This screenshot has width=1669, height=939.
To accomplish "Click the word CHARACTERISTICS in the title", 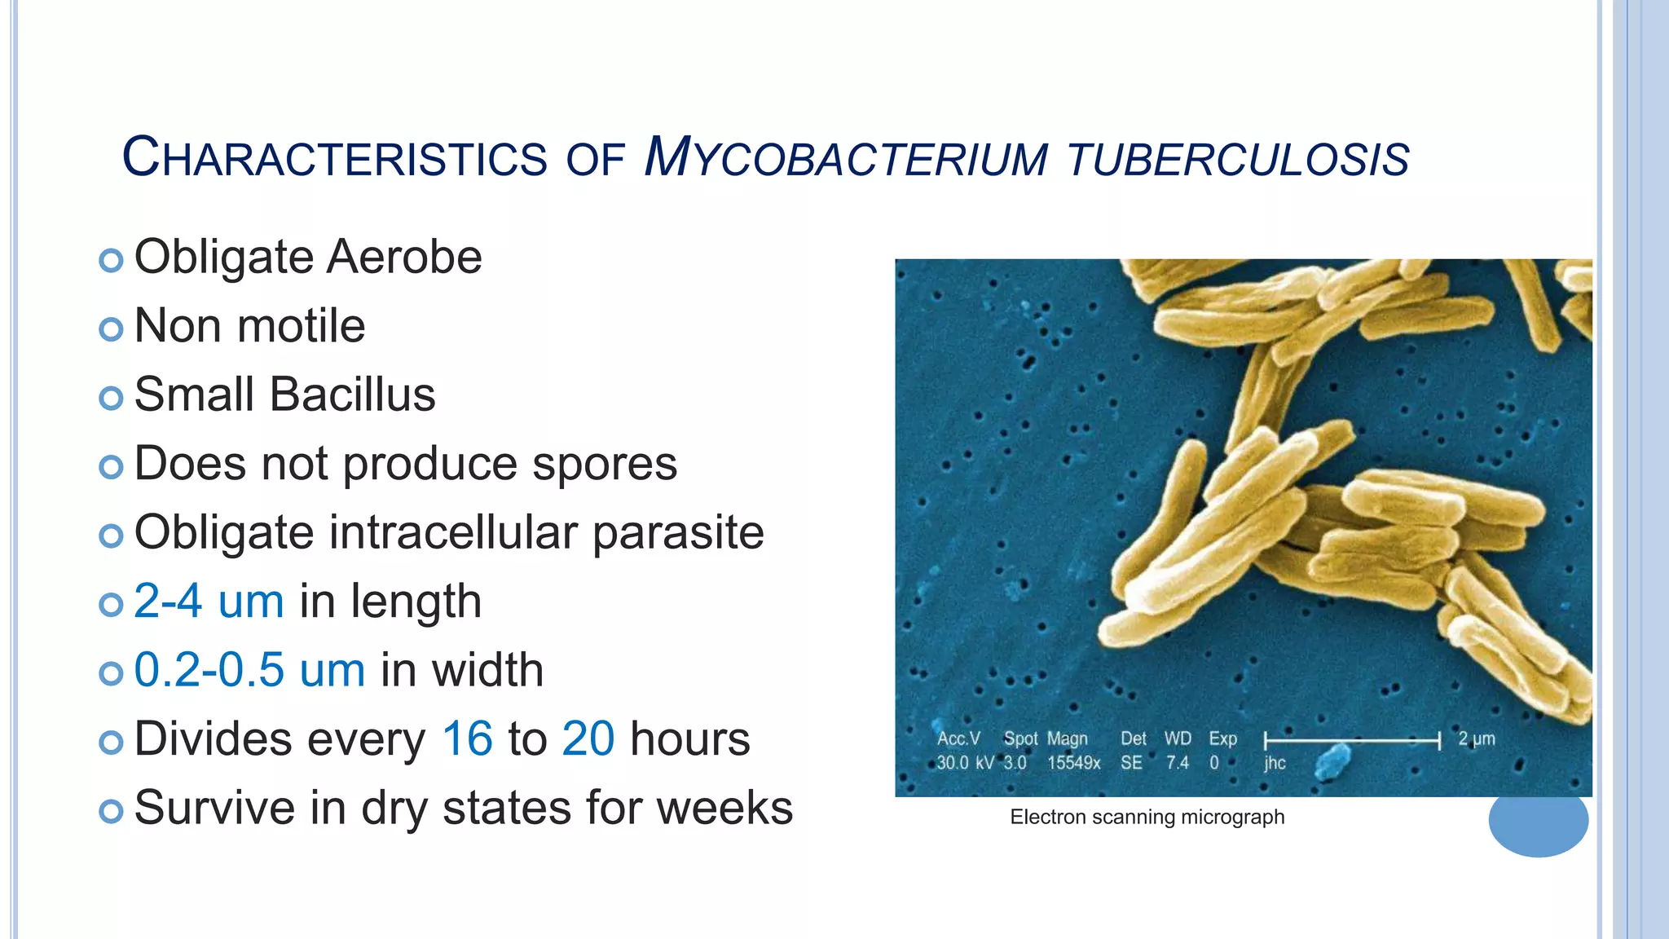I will click(334, 157).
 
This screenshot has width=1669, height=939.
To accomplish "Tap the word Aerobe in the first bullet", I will click(404, 258).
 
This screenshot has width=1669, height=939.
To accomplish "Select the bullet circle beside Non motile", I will click(111, 329).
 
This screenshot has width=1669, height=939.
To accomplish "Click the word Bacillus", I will click(352, 395).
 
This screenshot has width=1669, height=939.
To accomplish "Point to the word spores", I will click(604, 464).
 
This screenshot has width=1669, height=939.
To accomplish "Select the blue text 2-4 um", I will click(209, 602).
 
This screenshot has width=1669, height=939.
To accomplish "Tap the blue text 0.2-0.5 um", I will click(249, 671).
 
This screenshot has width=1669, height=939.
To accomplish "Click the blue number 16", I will click(467, 739).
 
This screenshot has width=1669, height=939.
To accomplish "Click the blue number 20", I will click(588, 739).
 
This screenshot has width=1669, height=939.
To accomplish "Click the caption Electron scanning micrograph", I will click(1147, 817).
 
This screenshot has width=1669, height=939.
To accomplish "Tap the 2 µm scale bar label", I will click(1476, 738).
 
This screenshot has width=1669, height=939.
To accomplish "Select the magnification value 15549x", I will click(1073, 763).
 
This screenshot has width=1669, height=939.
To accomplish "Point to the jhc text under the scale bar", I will click(1275, 763).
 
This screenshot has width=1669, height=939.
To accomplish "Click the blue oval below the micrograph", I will click(1538, 823).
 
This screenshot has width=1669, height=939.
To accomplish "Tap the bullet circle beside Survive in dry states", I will click(111, 811).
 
